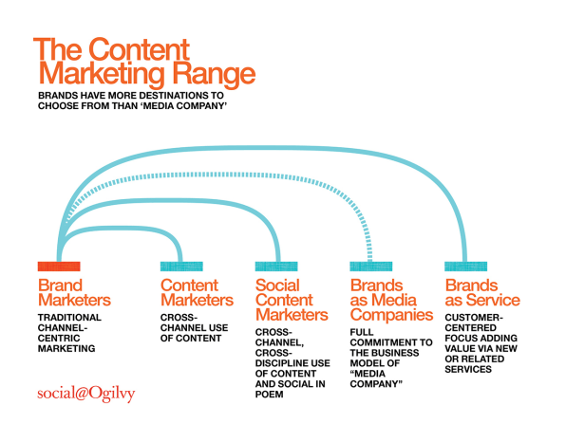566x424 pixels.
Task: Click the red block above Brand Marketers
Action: click(x=59, y=267)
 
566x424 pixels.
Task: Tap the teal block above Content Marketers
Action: click(x=181, y=267)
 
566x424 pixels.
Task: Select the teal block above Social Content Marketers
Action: click(x=276, y=267)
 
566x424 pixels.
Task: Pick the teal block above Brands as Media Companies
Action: click(x=371, y=267)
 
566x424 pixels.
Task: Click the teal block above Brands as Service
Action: click(x=465, y=267)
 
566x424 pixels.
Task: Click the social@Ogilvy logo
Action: click(x=85, y=394)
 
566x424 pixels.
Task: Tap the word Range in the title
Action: click(x=214, y=75)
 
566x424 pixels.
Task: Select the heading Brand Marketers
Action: click(x=74, y=293)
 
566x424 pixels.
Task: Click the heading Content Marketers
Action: click(x=198, y=293)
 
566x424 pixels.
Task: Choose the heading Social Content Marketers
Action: click(x=292, y=300)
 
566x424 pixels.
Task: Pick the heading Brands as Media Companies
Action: click(x=391, y=300)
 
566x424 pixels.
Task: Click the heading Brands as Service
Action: click(x=482, y=293)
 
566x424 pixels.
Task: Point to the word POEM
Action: click(x=270, y=395)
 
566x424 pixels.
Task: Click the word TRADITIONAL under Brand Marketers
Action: click(x=69, y=317)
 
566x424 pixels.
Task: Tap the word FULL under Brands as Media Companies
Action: click(x=362, y=332)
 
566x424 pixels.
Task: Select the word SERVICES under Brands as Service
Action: click(x=468, y=369)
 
